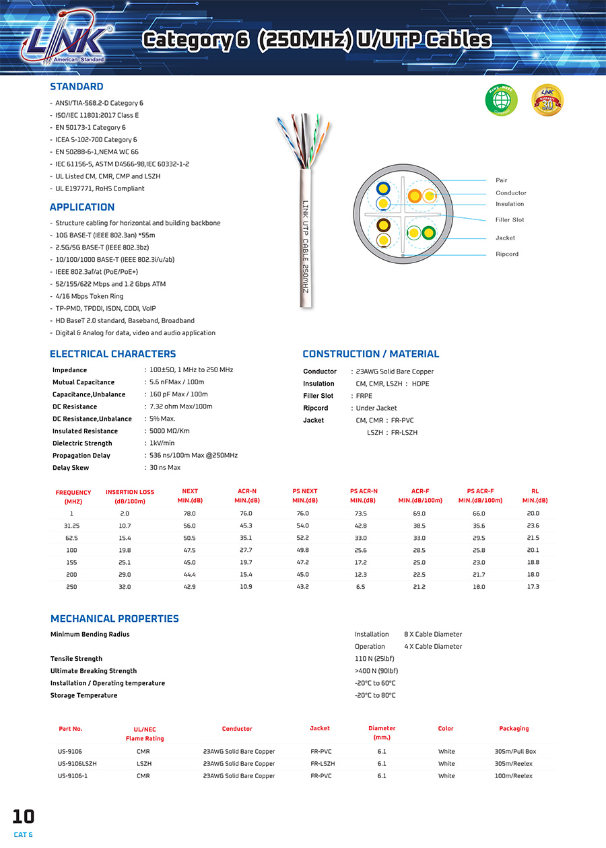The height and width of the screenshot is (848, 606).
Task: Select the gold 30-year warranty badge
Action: [x=547, y=100]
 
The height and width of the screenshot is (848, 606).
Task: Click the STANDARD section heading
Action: [x=77, y=87]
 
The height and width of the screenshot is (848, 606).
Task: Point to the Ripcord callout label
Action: [x=507, y=254]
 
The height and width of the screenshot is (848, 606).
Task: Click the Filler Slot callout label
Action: [x=510, y=220]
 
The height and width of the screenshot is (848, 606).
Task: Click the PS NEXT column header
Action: [x=304, y=491]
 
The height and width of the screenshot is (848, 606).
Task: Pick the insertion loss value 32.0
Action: [x=125, y=587]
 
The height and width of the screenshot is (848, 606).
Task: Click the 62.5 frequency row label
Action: [x=71, y=538]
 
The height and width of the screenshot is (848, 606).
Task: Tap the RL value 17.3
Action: [x=533, y=587]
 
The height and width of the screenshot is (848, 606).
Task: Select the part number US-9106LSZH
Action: [x=77, y=764]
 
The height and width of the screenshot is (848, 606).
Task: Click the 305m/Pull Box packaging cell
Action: [x=515, y=752]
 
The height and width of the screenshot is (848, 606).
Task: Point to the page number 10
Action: [x=23, y=817]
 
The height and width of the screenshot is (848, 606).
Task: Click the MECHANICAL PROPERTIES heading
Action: [x=114, y=619]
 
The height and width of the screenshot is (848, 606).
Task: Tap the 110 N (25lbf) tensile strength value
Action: [x=374, y=659]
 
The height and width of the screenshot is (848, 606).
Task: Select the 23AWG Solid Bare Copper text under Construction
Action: [x=395, y=372]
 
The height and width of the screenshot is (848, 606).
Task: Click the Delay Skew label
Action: [x=71, y=468]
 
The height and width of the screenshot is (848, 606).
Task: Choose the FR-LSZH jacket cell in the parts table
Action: [x=323, y=764]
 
